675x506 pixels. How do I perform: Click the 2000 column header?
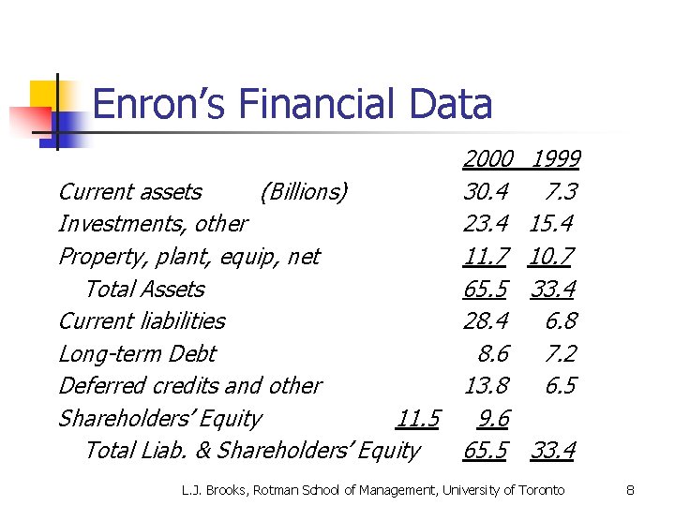pos(487,160)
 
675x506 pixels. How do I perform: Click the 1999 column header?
pos(555,160)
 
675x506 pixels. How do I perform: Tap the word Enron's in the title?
pos(156,103)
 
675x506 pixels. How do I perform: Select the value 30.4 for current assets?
pos(486,192)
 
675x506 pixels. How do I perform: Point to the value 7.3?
pos(561,192)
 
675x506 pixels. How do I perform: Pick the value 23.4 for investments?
pos(486,224)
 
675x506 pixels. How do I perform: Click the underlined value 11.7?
pos(486,257)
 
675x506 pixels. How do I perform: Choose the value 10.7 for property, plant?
pos(551,257)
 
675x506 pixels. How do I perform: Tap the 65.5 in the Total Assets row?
pos(486,289)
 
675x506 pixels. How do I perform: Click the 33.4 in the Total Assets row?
pos(553,289)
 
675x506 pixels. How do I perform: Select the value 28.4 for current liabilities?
pos(486,321)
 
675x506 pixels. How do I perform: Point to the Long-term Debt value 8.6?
pos(492,353)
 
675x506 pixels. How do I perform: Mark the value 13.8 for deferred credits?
pos(486,386)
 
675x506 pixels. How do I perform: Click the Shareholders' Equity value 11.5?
pos(418,419)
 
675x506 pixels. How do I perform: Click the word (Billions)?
pos(304,192)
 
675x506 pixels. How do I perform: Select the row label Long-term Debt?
pos(137,353)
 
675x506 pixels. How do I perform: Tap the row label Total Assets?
pos(144,289)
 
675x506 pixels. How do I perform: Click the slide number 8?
pos(631,490)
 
